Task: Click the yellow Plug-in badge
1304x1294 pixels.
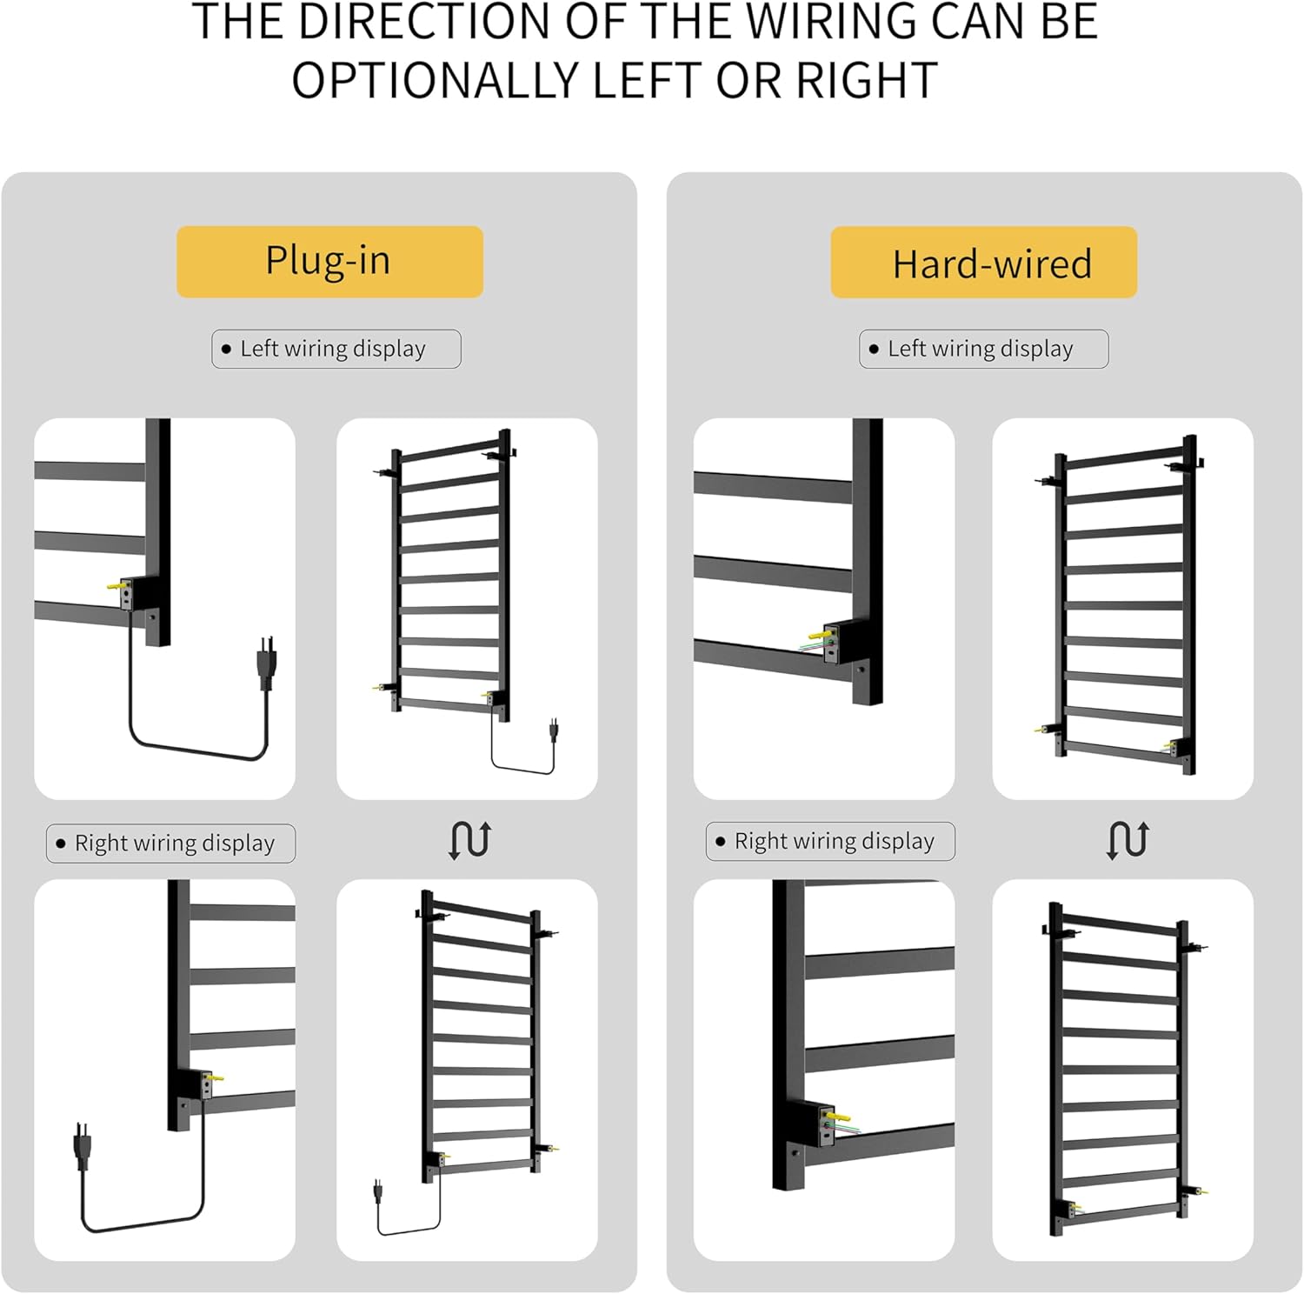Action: (329, 262)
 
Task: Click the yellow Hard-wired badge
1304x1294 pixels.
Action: (984, 263)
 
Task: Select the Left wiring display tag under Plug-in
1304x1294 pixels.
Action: (336, 349)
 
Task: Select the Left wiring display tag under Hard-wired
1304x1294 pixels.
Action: (984, 349)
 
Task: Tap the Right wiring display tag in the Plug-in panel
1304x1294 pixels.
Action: (170, 844)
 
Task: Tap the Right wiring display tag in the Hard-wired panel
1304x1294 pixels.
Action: (830, 841)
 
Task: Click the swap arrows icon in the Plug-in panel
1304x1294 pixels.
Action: (470, 840)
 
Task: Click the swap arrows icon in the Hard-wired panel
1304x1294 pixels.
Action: (1128, 840)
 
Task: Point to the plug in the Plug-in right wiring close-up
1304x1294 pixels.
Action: (83, 1146)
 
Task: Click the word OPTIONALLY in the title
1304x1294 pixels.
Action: (436, 81)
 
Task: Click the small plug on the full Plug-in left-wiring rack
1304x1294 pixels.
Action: (553, 730)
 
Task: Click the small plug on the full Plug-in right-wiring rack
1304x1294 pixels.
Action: (378, 1190)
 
